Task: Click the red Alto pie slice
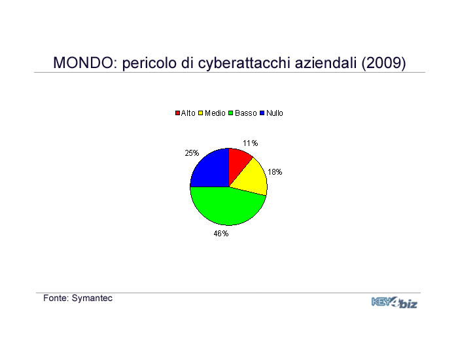pyautogui.click(x=238, y=166)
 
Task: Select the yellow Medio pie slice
pyautogui.click(x=253, y=178)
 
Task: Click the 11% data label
pyautogui.click(x=251, y=143)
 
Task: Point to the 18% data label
pyautogui.click(x=275, y=172)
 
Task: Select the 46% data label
pyautogui.click(x=221, y=234)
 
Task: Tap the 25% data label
pyautogui.click(x=192, y=153)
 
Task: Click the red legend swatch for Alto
pyautogui.click(x=177, y=113)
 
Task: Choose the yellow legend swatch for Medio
pyautogui.click(x=200, y=113)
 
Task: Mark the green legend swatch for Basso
pyautogui.click(x=231, y=113)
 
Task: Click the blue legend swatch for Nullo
pyautogui.click(x=262, y=113)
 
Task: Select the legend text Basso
pyautogui.click(x=245, y=113)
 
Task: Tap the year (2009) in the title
pyautogui.click(x=383, y=63)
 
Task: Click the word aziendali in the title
pyautogui.click(x=326, y=63)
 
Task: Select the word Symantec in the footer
pyautogui.click(x=92, y=298)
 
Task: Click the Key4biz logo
pyautogui.click(x=395, y=302)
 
